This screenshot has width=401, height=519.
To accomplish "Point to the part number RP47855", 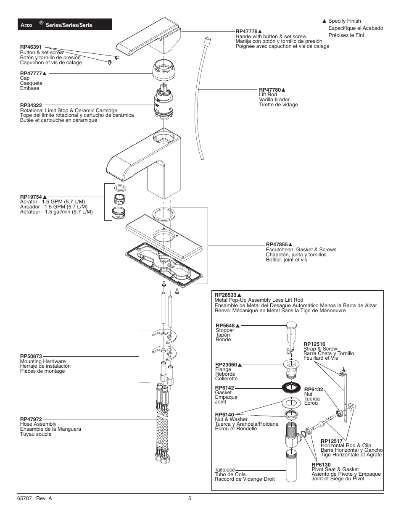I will pos(277,245).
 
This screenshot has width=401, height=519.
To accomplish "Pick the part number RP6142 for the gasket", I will pos(224,388).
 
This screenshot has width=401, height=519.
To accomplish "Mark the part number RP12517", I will pos(332,441).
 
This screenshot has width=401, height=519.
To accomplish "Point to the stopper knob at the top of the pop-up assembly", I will pos(291,325).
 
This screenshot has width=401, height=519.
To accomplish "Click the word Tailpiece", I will pos(225,470).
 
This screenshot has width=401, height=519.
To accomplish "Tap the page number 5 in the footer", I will pos(190,498).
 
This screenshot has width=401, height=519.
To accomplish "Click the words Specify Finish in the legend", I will pos(344,21).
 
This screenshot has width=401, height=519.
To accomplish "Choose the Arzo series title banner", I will pos(64,25).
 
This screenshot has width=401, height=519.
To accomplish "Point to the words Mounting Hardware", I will pos(43,361).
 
